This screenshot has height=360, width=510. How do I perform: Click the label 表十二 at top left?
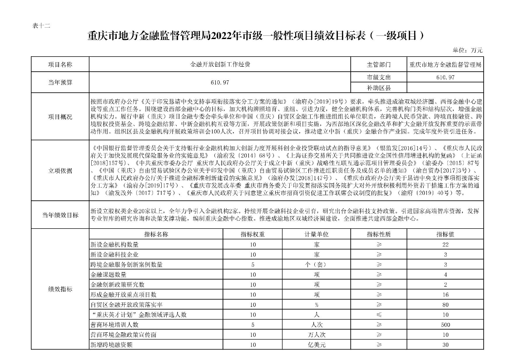(x=41, y=25)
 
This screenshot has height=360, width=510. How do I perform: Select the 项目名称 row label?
(x=60, y=64)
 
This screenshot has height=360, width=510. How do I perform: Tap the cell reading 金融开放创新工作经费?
(x=220, y=64)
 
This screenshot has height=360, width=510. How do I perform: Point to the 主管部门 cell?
(x=378, y=64)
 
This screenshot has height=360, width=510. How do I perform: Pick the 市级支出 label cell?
(x=378, y=78)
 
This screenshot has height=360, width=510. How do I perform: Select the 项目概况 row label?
(x=60, y=117)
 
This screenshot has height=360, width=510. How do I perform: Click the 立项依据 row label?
(x=60, y=171)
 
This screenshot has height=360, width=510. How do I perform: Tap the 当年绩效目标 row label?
(x=60, y=215)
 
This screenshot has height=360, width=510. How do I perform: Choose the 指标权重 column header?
(x=253, y=234)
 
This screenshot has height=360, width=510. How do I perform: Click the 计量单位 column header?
(x=316, y=234)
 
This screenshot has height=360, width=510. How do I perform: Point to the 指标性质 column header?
(x=379, y=234)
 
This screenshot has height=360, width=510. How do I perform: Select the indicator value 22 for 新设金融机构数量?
(x=446, y=245)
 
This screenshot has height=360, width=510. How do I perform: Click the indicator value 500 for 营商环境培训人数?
(x=446, y=325)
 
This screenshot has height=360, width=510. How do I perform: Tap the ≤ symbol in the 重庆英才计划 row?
(x=379, y=315)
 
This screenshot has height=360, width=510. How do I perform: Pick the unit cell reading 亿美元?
(x=316, y=345)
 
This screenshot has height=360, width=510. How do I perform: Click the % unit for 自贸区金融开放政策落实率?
(x=316, y=305)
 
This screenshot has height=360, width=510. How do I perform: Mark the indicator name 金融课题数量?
(x=109, y=275)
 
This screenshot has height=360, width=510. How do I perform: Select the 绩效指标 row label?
(x=60, y=289)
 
